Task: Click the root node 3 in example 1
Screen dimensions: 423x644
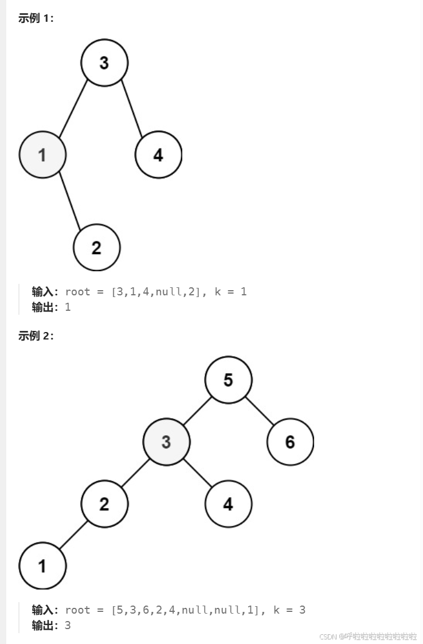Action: coord(104,63)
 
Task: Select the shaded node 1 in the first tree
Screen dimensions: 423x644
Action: coord(42,154)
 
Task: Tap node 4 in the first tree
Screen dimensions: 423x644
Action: coord(158,154)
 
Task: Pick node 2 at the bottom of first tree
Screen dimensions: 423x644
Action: coord(96,247)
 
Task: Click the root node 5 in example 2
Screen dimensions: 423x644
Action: coord(228,380)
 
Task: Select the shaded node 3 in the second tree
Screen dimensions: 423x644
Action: coord(166,442)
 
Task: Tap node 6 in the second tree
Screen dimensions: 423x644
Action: coord(290,442)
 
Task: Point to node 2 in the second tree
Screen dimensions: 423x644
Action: coord(104,504)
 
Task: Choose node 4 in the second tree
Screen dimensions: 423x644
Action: coord(228,504)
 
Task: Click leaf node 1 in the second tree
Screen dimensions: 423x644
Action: coord(42,566)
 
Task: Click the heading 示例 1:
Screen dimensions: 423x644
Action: coord(36,18)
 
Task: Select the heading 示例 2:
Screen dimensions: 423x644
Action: coord(36,336)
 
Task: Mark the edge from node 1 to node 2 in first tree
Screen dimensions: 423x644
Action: coord(69,201)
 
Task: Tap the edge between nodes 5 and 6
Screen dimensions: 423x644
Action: coord(259,411)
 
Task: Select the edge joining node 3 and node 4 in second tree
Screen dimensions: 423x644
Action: coord(197,473)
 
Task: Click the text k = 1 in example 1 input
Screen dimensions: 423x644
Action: coord(230,291)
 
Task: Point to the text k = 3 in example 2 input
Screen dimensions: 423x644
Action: coord(289,610)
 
